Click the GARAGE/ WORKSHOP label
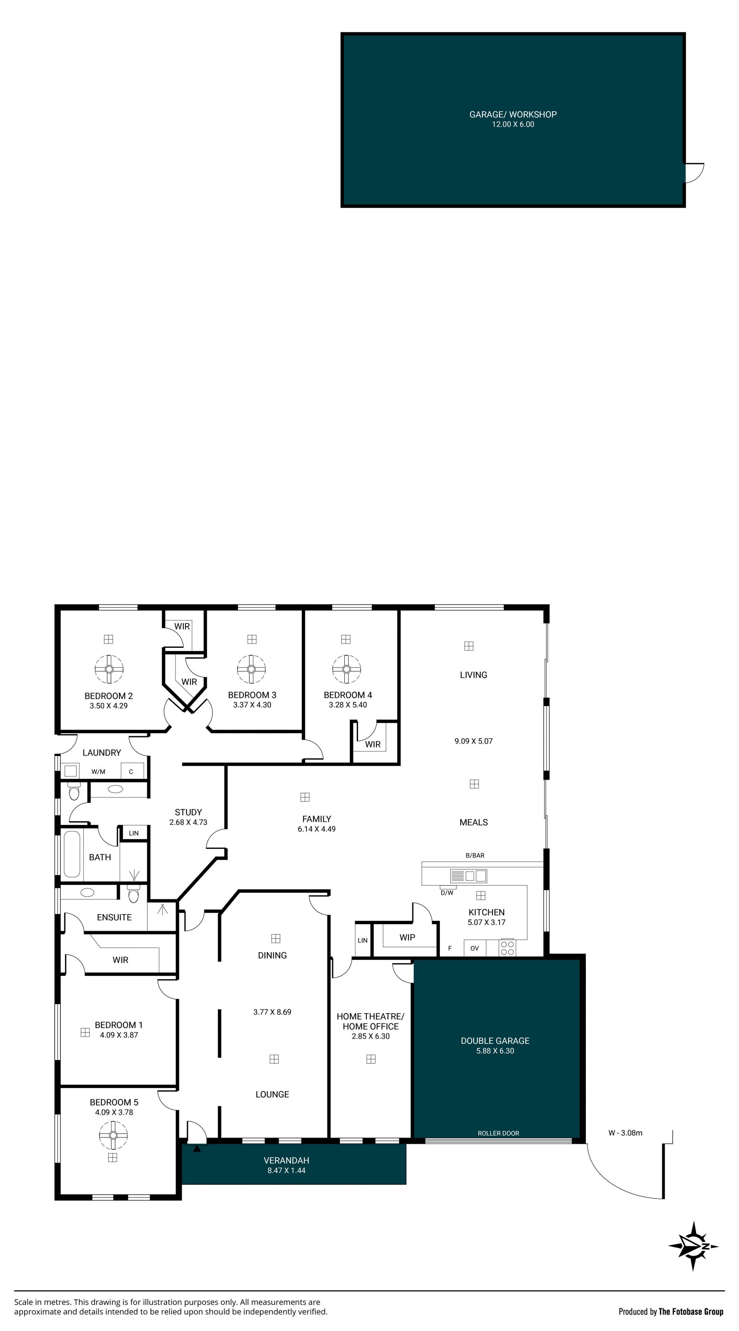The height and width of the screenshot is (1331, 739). click(x=513, y=114)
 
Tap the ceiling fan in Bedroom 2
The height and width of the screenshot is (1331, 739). click(x=109, y=669)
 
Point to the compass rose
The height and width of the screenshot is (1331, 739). click(x=693, y=1246)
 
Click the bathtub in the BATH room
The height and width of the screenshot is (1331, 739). click(x=72, y=854)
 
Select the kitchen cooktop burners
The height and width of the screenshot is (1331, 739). click(x=507, y=948)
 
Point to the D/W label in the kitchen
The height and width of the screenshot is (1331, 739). click(x=446, y=893)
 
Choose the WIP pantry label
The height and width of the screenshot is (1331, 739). click(x=407, y=937)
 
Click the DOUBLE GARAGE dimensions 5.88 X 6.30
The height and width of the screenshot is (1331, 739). click(x=495, y=1051)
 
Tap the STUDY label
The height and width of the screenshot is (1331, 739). click(x=188, y=812)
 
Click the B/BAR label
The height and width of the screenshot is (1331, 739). click(x=475, y=856)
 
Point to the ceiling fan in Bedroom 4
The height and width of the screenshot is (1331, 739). click(x=346, y=669)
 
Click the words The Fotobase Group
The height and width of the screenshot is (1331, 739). click(x=691, y=1311)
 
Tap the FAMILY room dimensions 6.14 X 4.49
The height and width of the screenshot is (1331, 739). click(x=316, y=829)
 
